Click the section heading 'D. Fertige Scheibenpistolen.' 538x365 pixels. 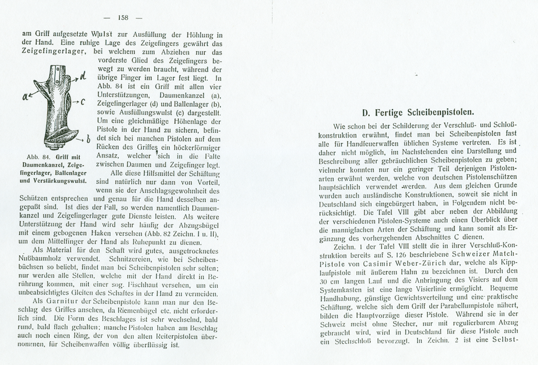(x=418, y=112)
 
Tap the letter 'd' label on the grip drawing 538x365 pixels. (x=83, y=78)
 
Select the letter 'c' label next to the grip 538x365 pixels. (x=83, y=101)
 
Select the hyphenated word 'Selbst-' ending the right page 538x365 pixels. (x=504, y=339)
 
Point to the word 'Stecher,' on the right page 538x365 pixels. (x=408, y=322)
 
